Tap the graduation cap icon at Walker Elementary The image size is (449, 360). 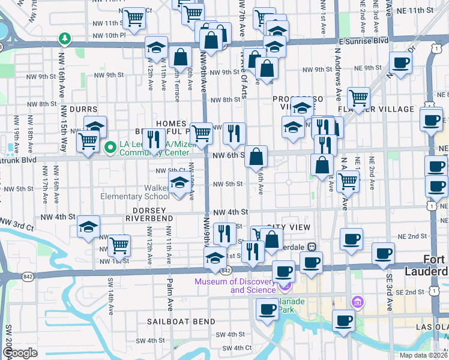(x=179, y=185)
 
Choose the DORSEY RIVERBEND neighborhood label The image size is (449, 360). (x=149, y=218)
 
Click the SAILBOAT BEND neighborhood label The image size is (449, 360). (x=181, y=322)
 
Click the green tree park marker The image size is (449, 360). (x=64, y=40)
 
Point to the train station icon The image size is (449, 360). (x=312, y=247)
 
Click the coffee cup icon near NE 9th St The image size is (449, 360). (x=400, y=62)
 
